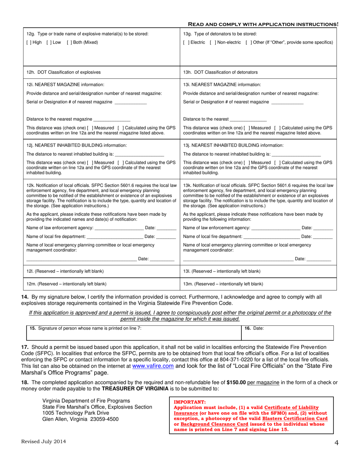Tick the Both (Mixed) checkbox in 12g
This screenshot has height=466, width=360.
(x=69, y=42)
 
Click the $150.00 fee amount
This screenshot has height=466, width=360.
(x=236, y=383)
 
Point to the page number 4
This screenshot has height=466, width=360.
(x=336, y=443)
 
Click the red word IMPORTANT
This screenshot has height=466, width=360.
(x=189, y=402)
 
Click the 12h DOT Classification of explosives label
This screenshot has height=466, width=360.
(x=64, y=72)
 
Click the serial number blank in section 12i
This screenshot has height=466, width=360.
(x=130, y=102)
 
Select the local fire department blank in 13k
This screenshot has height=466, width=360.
(x=271, y=236)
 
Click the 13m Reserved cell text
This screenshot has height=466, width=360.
(x=223, y=283)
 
